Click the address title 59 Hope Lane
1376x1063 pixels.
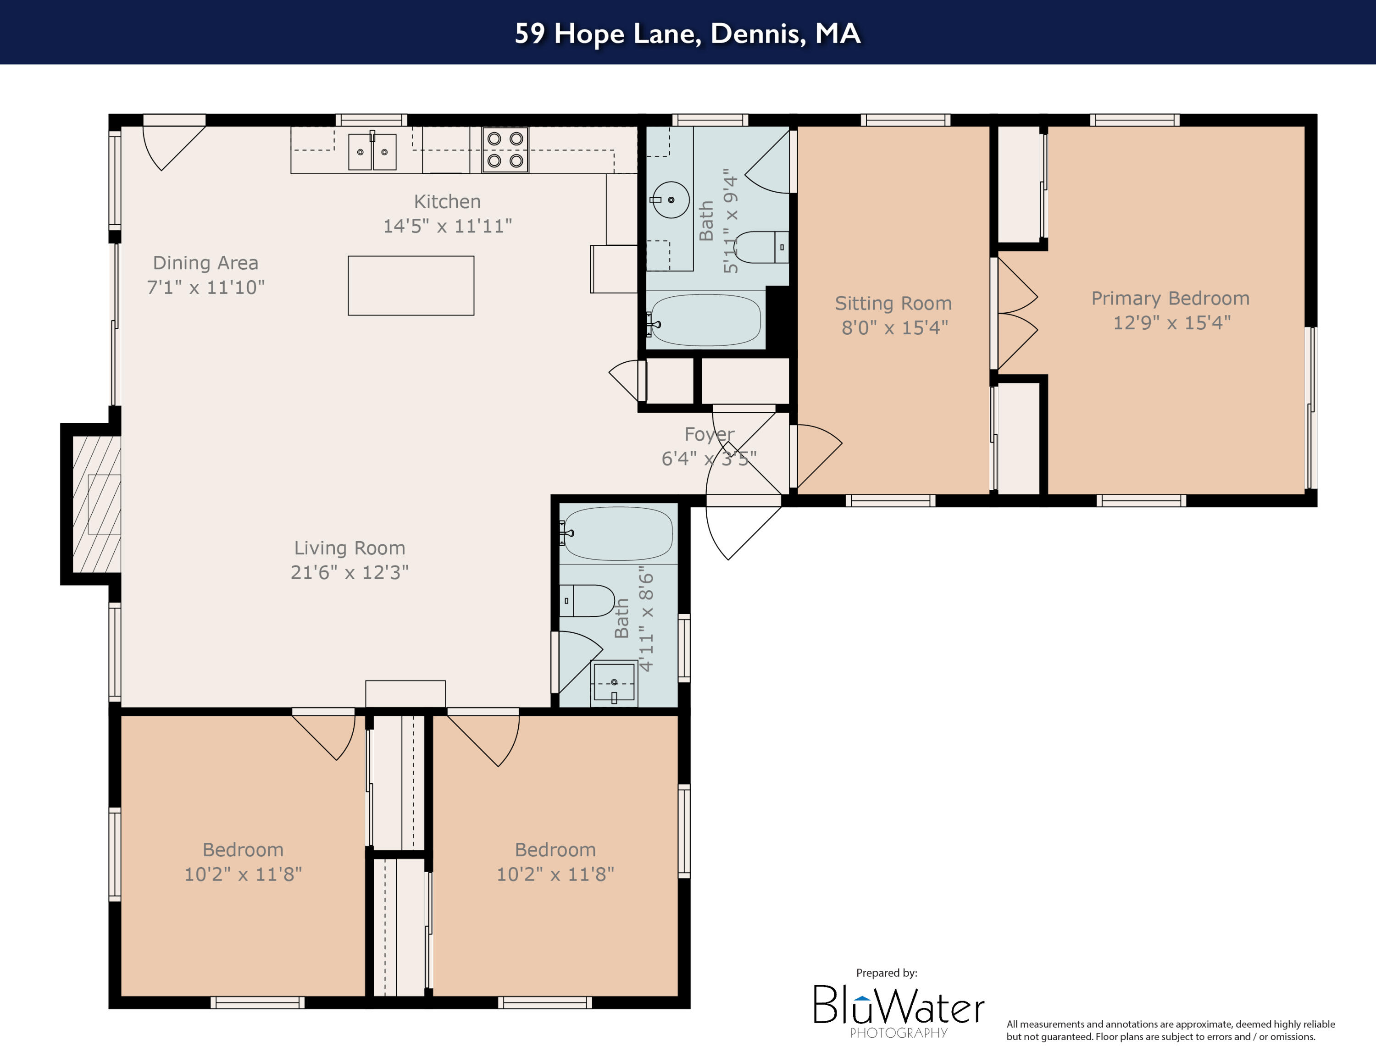(x=688, y=33)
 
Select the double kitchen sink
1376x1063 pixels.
(x=372, y=151)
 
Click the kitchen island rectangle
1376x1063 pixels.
(x=411, y=285)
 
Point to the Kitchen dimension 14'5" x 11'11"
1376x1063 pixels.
(x=447, y=226)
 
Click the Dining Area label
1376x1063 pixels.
(x=205, y=263)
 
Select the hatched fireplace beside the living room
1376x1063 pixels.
(x=96, y=504)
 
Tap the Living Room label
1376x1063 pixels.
(x=349, y=548)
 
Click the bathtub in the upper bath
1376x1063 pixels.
(x=705, y=320)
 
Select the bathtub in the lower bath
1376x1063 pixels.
(x=617, y=533)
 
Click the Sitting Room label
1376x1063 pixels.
(x=893, y=304)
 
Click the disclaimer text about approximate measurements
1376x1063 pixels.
(x=1170, y=1030)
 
